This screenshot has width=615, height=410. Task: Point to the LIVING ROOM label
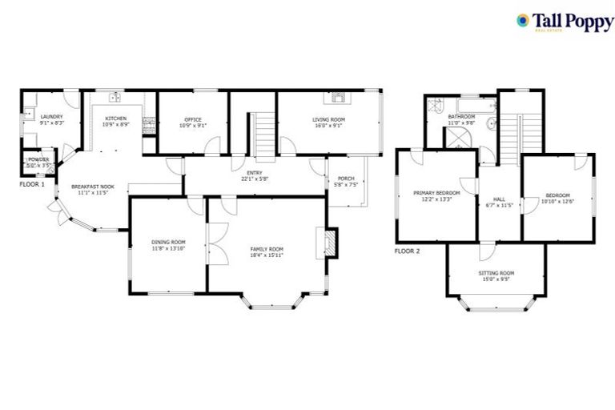[328, 119]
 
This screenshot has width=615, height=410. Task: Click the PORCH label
[345, 178]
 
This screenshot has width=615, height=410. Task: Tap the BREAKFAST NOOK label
[95, 186]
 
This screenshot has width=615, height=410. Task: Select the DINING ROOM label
[168, 242]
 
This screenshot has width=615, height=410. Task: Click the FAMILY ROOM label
[267, 249]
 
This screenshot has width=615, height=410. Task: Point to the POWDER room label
[38, 160]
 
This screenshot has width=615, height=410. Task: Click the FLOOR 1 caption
[32, 183]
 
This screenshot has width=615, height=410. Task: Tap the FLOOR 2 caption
[407, 251]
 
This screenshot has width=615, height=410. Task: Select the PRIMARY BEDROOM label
[436, 193]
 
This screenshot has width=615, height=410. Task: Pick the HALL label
[499, 199]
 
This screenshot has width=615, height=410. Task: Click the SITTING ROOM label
[497, 273]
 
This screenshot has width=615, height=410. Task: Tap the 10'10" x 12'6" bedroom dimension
[557, 201]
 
